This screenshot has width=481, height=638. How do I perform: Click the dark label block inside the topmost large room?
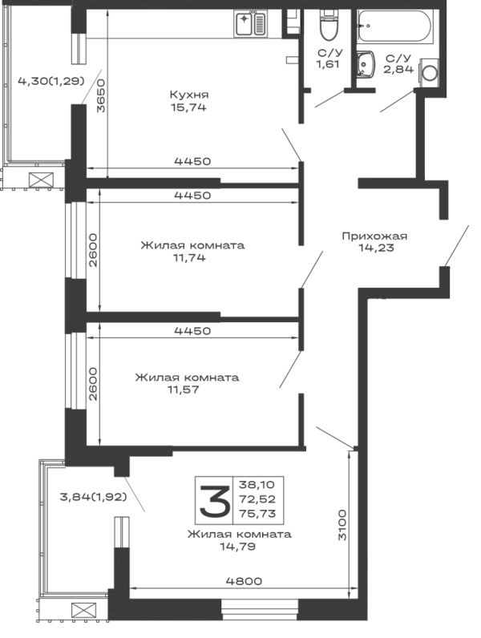tap(189, 102)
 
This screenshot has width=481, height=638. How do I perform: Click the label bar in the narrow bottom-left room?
tap(90, 497)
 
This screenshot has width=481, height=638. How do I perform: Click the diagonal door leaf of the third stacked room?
tap(289, 370)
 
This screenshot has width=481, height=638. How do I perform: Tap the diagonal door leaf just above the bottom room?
tap(330, 434)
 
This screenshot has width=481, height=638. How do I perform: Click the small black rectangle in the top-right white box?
tap(368, 26)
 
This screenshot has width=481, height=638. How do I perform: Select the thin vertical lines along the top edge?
tap(302, 22)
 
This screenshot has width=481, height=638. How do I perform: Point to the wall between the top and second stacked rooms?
tap(192, 183)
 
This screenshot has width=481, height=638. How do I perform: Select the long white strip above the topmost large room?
tap(172, 25)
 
